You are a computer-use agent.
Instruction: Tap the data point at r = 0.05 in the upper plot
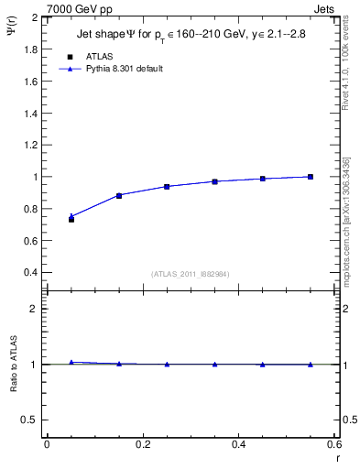point(71,218)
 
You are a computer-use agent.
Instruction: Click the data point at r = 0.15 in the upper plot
point(119,195)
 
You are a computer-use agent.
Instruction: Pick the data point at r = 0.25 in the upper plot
point(167,186)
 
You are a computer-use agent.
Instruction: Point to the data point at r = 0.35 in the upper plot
point(214,181)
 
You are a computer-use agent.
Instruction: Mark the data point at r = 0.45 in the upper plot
point(263,179)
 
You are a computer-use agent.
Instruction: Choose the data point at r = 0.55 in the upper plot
point(311,177)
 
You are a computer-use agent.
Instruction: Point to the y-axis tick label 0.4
point(31,273)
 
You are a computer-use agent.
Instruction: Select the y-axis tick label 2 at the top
point(36,17)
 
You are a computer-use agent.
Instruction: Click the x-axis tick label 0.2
point(142,444)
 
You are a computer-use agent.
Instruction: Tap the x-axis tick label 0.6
point(333,444)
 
